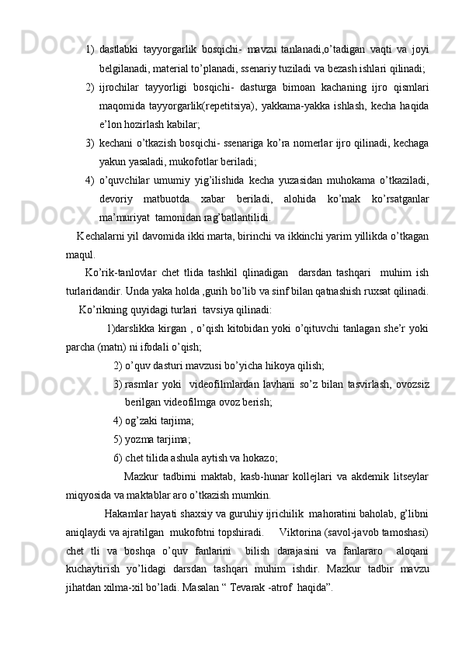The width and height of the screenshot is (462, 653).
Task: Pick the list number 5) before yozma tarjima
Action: (x=118, y=440)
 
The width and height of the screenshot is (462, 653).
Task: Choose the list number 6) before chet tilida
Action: (x=118, y=458)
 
